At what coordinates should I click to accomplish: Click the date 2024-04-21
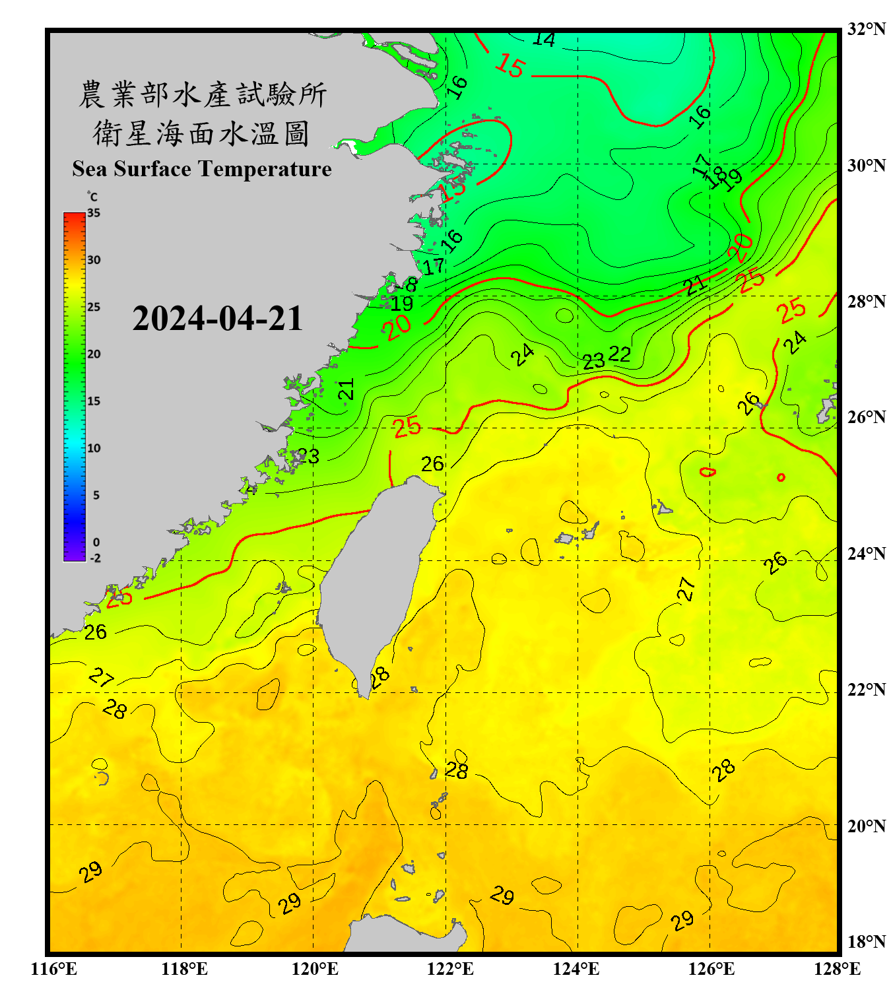pos(217,319)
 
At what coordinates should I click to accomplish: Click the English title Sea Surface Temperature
pos(202,169)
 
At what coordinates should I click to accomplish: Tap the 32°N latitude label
pos(866,29)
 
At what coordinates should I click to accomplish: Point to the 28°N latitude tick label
pos(866,302)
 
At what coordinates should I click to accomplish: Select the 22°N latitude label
pos(866,690)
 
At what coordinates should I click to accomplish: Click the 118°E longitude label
pos(184,969)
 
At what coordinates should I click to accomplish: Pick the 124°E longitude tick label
pos(576,969)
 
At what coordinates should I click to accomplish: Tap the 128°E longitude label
pos(837,969)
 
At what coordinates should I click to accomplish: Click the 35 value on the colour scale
pos(94,213)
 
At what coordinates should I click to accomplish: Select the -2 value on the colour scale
pos(95,558)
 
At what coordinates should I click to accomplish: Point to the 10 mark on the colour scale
pos(94,448)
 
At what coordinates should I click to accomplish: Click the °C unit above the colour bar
pos(92,197)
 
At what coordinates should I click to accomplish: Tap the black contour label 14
pos(543,40)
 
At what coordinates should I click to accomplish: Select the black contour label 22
pos(619,354)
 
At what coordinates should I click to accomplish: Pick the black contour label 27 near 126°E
pos(686,588)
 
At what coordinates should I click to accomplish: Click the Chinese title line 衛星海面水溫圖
pos(201,133)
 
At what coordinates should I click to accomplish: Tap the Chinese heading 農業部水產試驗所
pos(202,94)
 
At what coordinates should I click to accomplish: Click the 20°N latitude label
pos(866,826)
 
